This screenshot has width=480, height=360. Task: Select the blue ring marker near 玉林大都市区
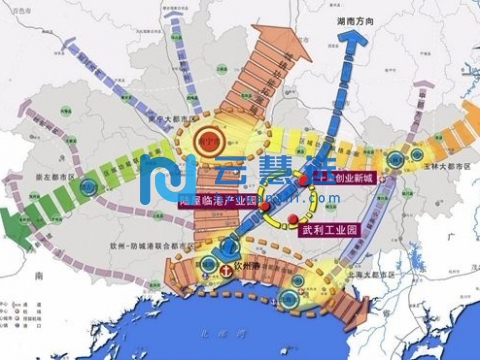pyautogui.click(x=407, y=156)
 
